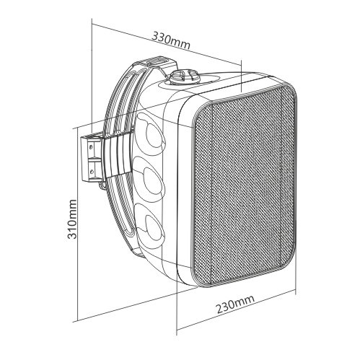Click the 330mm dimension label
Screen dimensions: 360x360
[171, 40]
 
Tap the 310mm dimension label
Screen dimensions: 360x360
[72, 219]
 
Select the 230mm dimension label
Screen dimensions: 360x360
[234, 304]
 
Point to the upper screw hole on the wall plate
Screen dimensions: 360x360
[91, 147]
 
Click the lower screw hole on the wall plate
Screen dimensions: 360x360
[92, 171]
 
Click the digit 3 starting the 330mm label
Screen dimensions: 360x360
[155, 36]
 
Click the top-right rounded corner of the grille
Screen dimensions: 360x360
[291, 89]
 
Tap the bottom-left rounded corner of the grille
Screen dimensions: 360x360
[197, 280]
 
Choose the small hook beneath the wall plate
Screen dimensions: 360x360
[102, 185]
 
